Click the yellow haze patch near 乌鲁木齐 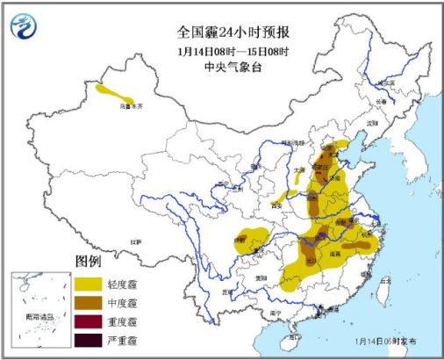click(x=115, y=93)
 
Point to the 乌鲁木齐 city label click(x=131, y=105)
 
